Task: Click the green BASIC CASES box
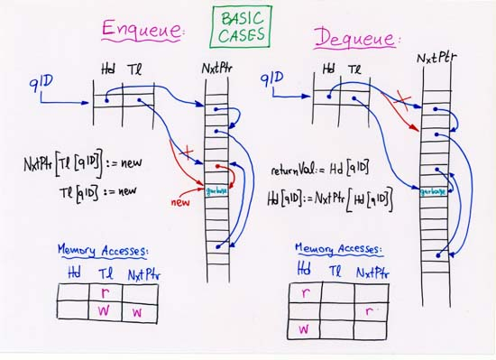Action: (243, 26)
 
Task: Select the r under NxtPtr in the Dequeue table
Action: (370, 311)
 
